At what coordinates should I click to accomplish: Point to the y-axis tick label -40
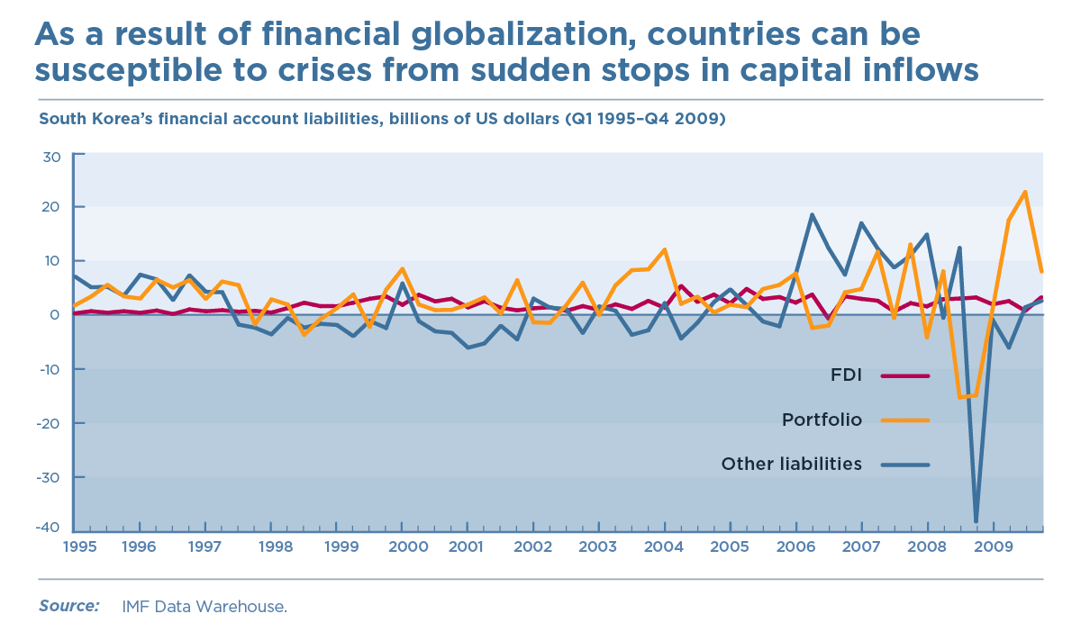point(49,528)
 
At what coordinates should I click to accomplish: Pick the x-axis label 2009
point(992,546)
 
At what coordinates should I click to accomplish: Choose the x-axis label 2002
point(532,546)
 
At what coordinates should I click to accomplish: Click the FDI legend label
point(846,375)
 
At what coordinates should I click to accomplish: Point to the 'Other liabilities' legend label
point(791,465)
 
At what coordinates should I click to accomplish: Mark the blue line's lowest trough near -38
point(976,521)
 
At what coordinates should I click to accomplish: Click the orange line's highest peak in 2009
point(1025,192)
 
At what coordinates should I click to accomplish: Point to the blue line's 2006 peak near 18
point(812,214)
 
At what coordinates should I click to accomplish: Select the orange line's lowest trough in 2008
point(960,397)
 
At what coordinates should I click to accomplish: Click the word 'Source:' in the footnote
point(68,606)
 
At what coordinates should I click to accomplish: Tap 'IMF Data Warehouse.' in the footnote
point(204,607)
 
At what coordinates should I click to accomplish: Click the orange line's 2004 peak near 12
point(664,249)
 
